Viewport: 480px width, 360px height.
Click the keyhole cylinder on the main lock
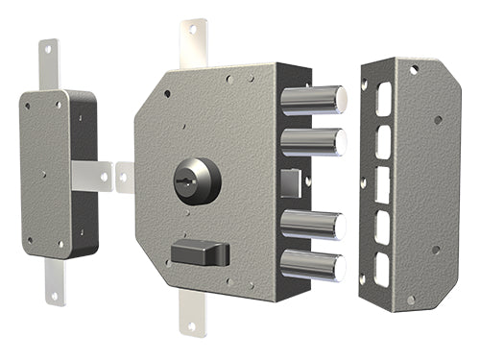click(x=196, y=180)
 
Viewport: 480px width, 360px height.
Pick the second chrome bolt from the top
click(x=313, y=140)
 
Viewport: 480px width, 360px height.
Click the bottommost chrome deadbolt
click(x=313, y=265)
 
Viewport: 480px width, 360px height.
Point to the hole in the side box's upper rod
click(x=45, y=50)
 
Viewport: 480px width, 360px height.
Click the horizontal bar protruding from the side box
click(x=91, y=175)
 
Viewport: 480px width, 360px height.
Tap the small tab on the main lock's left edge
click(x=125, y=177)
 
